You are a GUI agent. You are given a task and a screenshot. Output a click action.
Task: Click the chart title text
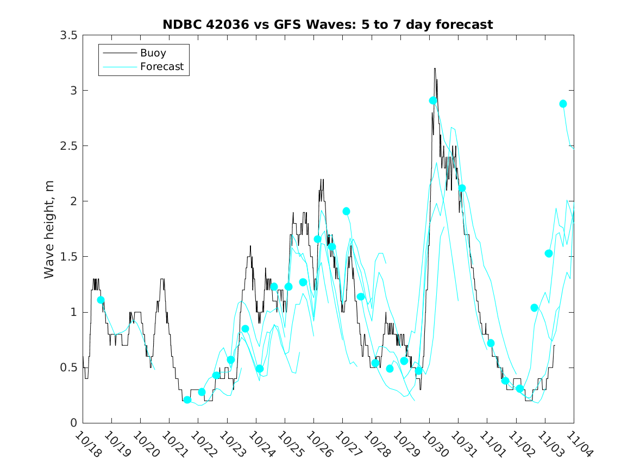328,24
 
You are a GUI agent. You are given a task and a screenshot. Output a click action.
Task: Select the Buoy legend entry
153,53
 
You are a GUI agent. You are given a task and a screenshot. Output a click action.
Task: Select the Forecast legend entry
161,67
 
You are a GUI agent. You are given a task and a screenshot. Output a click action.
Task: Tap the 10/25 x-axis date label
289,444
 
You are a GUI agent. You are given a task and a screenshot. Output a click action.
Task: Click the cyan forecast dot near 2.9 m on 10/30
433,100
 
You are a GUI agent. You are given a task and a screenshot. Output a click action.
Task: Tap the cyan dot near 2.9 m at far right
563,104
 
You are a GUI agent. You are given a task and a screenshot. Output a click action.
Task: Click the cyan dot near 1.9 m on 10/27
346,211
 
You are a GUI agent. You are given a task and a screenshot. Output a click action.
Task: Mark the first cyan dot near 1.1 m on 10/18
101,300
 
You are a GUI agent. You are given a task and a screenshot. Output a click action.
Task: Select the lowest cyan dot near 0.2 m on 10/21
187,400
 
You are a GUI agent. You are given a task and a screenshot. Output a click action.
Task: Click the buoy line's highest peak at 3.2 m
435,69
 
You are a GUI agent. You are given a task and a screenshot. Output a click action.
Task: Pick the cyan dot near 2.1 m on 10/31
462,188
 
